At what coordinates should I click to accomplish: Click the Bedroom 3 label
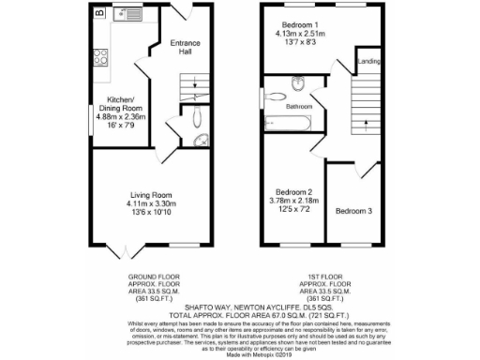353,211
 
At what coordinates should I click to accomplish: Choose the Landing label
368,63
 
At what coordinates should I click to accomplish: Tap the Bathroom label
299,107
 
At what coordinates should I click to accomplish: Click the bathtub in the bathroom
285,121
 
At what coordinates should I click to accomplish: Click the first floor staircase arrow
361,106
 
